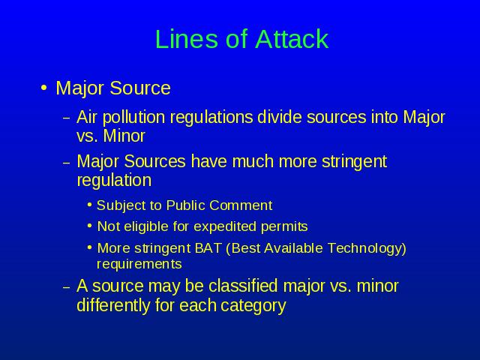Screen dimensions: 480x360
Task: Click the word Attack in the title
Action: (x=292, y=39)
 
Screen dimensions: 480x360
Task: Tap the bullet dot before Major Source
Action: (x=44, y=88)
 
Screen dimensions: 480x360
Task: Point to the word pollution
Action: (x=133, y=118)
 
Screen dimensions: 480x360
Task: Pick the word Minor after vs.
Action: (x=124, y=136)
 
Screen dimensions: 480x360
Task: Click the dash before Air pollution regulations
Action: (x=67, y=118)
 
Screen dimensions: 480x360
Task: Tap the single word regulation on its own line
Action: (x=114, y=180)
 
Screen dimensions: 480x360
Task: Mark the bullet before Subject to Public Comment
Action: (x=89, y=204)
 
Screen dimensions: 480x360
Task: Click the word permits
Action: (x=284, y=226)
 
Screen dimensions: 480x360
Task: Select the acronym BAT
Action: (x=208, y=248)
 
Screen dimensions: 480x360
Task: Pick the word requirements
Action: (x=139, y=264)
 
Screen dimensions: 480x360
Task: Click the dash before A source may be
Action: (x=67, y=287)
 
